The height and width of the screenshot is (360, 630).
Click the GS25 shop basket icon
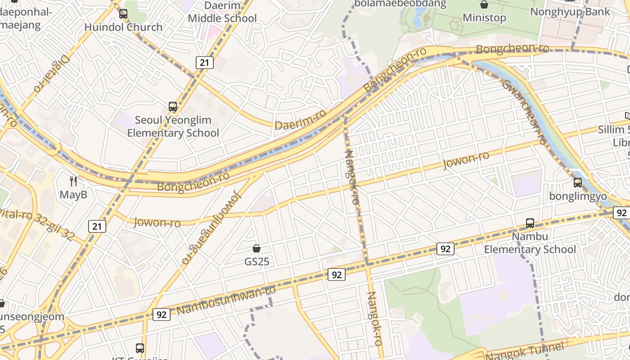coord(256,248)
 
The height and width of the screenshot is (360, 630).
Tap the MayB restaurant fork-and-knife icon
coord(73,181)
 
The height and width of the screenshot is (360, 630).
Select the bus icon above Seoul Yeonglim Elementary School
coord(173,107)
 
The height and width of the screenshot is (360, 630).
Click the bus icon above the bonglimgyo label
coord(578,183)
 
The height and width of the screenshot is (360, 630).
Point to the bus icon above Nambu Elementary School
coord(530,223)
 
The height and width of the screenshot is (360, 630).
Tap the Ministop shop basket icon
coord(484,5)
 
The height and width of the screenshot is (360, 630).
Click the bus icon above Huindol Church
coord(123,14)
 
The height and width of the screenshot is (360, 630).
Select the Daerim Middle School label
coord(222,12)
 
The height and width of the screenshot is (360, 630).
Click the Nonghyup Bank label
coord(570,12)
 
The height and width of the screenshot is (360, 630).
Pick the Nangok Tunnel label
coord(525,351)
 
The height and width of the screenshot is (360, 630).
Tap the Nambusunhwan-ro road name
coord(226,301)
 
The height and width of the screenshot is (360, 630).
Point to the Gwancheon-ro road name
coord(524,112)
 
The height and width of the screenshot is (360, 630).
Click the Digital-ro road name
coord(52,74)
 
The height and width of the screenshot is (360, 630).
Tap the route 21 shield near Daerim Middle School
coord(204,63)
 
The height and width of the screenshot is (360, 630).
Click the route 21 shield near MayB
coord(97,226)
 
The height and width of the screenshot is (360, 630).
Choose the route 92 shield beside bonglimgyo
coord(621,213)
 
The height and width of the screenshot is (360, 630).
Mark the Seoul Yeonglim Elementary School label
coord(173,126)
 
